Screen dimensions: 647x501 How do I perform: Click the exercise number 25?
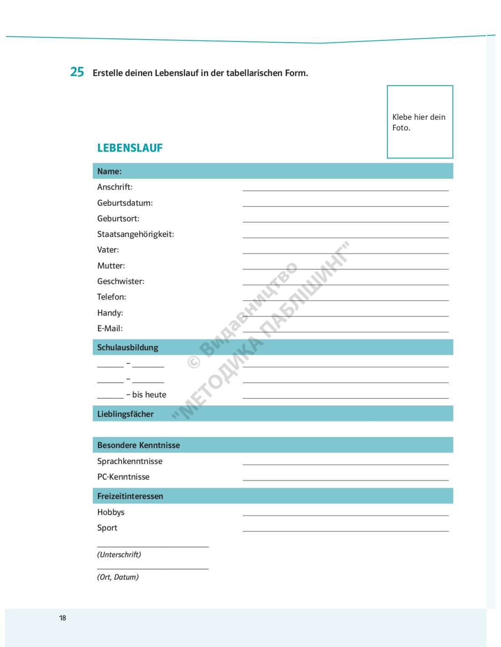(77, 72)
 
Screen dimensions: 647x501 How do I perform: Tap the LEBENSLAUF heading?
(130, 148)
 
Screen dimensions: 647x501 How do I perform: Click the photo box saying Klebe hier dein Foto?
(419, 122)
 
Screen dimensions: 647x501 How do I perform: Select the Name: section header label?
(109, 172)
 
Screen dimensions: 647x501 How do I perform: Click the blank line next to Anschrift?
(345, 190)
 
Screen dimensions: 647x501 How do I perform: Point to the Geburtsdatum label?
(125, 203)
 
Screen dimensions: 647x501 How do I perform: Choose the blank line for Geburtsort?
(345, 221)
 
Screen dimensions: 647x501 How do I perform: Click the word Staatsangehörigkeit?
(135, 234)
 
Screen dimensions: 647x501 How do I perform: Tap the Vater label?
(108, 250)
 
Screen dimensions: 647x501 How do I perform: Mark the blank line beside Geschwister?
(345, 284)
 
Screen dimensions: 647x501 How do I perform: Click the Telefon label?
(112, 297)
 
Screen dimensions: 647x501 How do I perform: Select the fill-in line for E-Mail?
(345, 331)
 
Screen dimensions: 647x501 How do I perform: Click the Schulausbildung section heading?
(128, 348)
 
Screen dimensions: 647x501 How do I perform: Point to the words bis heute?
(149, 395)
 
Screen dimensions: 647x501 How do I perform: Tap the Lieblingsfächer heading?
(125, 414)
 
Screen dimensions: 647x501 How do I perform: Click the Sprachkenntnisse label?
(130, 461)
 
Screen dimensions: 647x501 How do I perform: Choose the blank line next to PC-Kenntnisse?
(345, 480)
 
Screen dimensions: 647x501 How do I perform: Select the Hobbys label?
(111, 512)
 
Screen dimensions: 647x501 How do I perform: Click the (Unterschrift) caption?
(119, 555)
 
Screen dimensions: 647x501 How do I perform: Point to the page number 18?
(62, 618)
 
